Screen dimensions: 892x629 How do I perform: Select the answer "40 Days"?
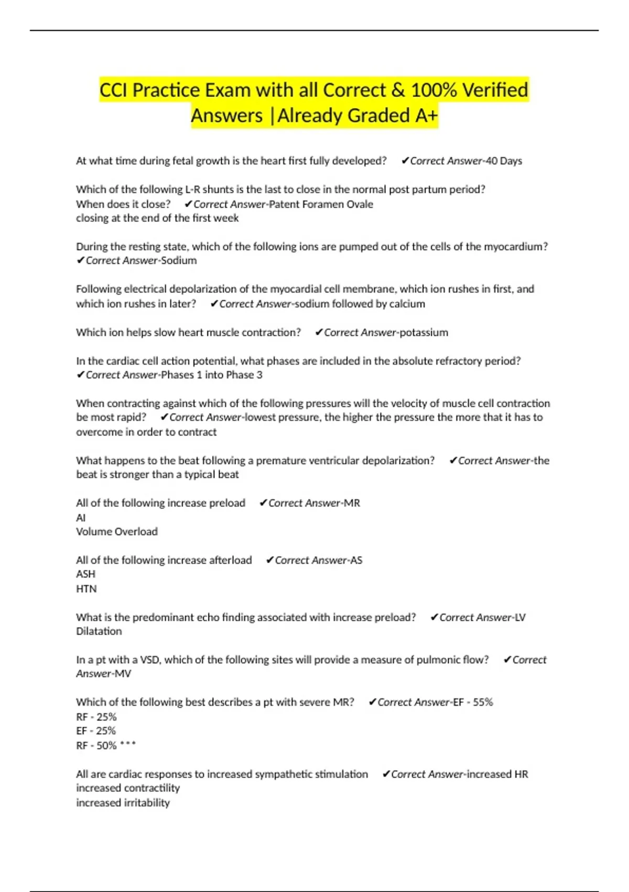[x=504, y=161]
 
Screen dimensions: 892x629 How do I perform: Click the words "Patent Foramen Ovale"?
[x=321, y=204]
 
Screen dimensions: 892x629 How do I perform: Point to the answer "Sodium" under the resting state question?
[x=179, y=260]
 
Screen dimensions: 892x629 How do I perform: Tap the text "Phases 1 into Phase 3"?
[x=211, y=375]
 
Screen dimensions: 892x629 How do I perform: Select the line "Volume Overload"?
[x=117, y=532]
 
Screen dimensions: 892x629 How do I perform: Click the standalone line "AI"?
[x=81, y=518]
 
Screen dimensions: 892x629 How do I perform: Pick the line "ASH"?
[x=85, y=574]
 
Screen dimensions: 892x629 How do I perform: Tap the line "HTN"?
[x=86, y=589]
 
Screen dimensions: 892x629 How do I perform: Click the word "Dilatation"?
[x=99, y=631]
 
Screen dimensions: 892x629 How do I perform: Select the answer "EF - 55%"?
[x=473, y=702]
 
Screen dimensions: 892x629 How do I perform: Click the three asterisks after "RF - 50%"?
[x=128, y=745]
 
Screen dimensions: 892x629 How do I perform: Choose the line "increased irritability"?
[x=123, y=803]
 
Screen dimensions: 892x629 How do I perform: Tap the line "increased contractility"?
[x=128, y=788]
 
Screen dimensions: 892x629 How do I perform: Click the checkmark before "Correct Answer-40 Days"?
[x=405, y=161]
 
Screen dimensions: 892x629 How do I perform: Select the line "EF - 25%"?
[x=96, y=731]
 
